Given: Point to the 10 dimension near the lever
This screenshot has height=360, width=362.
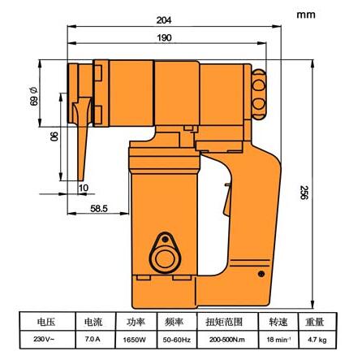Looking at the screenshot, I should tap(84, 189).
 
